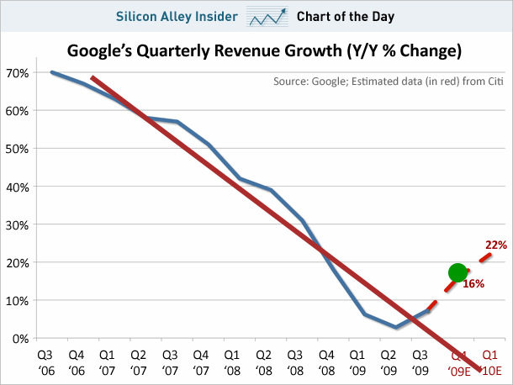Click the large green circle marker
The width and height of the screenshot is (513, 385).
click(x=457, y=272)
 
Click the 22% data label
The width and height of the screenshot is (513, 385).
click(x=496, y=245)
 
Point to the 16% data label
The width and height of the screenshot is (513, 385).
click(x=473, y=284)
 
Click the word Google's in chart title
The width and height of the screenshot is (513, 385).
click(x=101, y=51)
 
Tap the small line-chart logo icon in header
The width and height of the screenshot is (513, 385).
click(x=267, y=16)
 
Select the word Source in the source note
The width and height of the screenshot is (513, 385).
click(x=292, y=82)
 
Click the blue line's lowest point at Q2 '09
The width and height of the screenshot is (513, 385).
click(x=396, y=327)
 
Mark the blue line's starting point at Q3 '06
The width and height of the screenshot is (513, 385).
click(x=51, y=72)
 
